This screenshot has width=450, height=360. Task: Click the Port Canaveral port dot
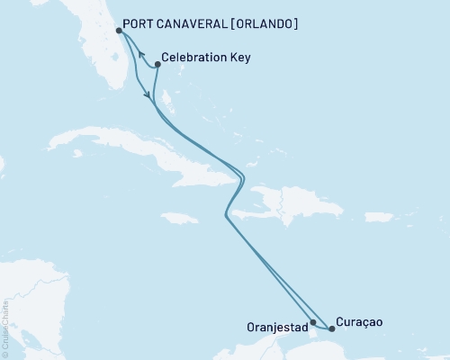pos(120,31)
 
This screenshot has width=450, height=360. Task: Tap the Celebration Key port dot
pos(158,64)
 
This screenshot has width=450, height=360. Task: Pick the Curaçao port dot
pos(331,328)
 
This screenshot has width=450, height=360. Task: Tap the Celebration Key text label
pos(208,58)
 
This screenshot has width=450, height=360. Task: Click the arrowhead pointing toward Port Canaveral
pos(141,66)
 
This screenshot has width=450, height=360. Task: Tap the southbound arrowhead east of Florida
pos(147,93)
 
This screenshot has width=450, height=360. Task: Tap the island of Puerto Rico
pos(377,217)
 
